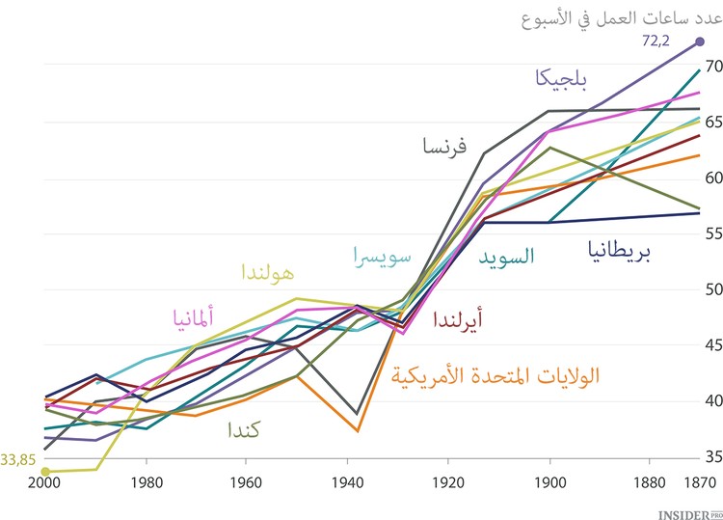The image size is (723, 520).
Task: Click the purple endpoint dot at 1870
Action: click(x=700, y=41)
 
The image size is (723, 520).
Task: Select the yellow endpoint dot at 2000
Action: click(x=45, y=471)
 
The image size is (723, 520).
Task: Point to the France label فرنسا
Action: click(x=444, y=147)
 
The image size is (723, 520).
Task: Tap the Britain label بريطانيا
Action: click(x=618, y=253)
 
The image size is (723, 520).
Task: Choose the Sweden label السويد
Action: click(x=506, y=257)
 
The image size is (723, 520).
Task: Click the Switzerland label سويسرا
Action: click(x=385, y=258)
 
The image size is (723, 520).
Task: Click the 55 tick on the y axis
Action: click(x=710, y=233)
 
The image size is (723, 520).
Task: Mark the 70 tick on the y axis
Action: click(x=710, y=66)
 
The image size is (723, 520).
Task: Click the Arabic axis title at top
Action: click(x=626, y=16)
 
